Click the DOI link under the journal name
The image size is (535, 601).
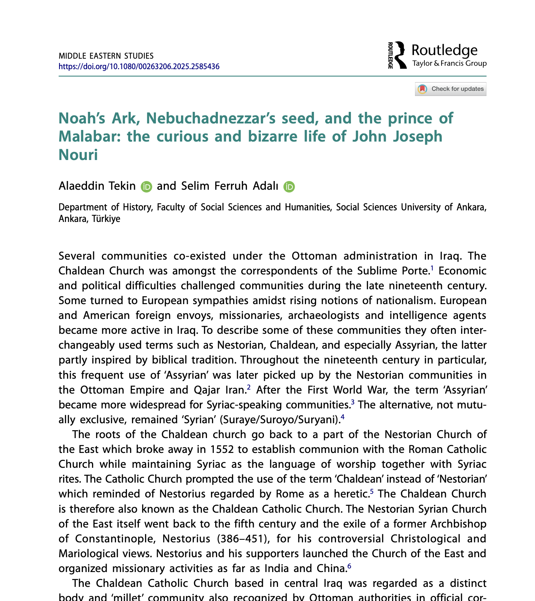pos(139,67)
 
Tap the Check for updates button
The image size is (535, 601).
pos(451,89)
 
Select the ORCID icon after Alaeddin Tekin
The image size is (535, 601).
pos(146,186)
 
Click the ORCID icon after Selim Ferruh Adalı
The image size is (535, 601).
pos(289,186)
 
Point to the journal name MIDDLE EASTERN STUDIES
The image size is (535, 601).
pos(106,56)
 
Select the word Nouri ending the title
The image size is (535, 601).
pos(78,155)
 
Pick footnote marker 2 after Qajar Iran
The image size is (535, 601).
pos(249,387)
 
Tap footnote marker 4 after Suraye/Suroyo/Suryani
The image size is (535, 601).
pos(343,417)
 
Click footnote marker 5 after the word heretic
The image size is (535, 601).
pos(372,491)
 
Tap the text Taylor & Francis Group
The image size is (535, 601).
pos(449,63)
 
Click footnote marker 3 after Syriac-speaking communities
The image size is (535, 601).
pos(353,402)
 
